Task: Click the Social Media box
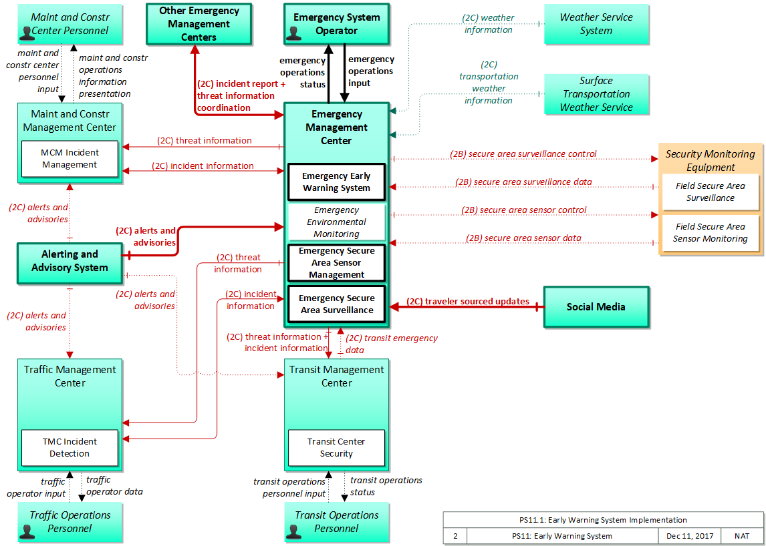(596, 306)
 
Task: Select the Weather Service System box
(596, 24)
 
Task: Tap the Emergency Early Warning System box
(336, 182)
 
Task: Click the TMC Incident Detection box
(70, 447)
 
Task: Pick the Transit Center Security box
(336, 447)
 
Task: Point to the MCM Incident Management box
(70, 159)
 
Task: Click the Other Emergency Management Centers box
(199, 23)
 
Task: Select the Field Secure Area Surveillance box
(711, 192)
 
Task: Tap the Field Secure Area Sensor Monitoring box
(711, 233)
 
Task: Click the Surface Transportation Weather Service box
(596, 94)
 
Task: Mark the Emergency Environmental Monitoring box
(336, 222)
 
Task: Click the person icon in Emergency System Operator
(293, 33)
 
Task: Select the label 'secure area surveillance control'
(523, 154)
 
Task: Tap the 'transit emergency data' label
(392, 344)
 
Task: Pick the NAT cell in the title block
(741, 536)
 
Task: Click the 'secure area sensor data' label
(523, 238)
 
